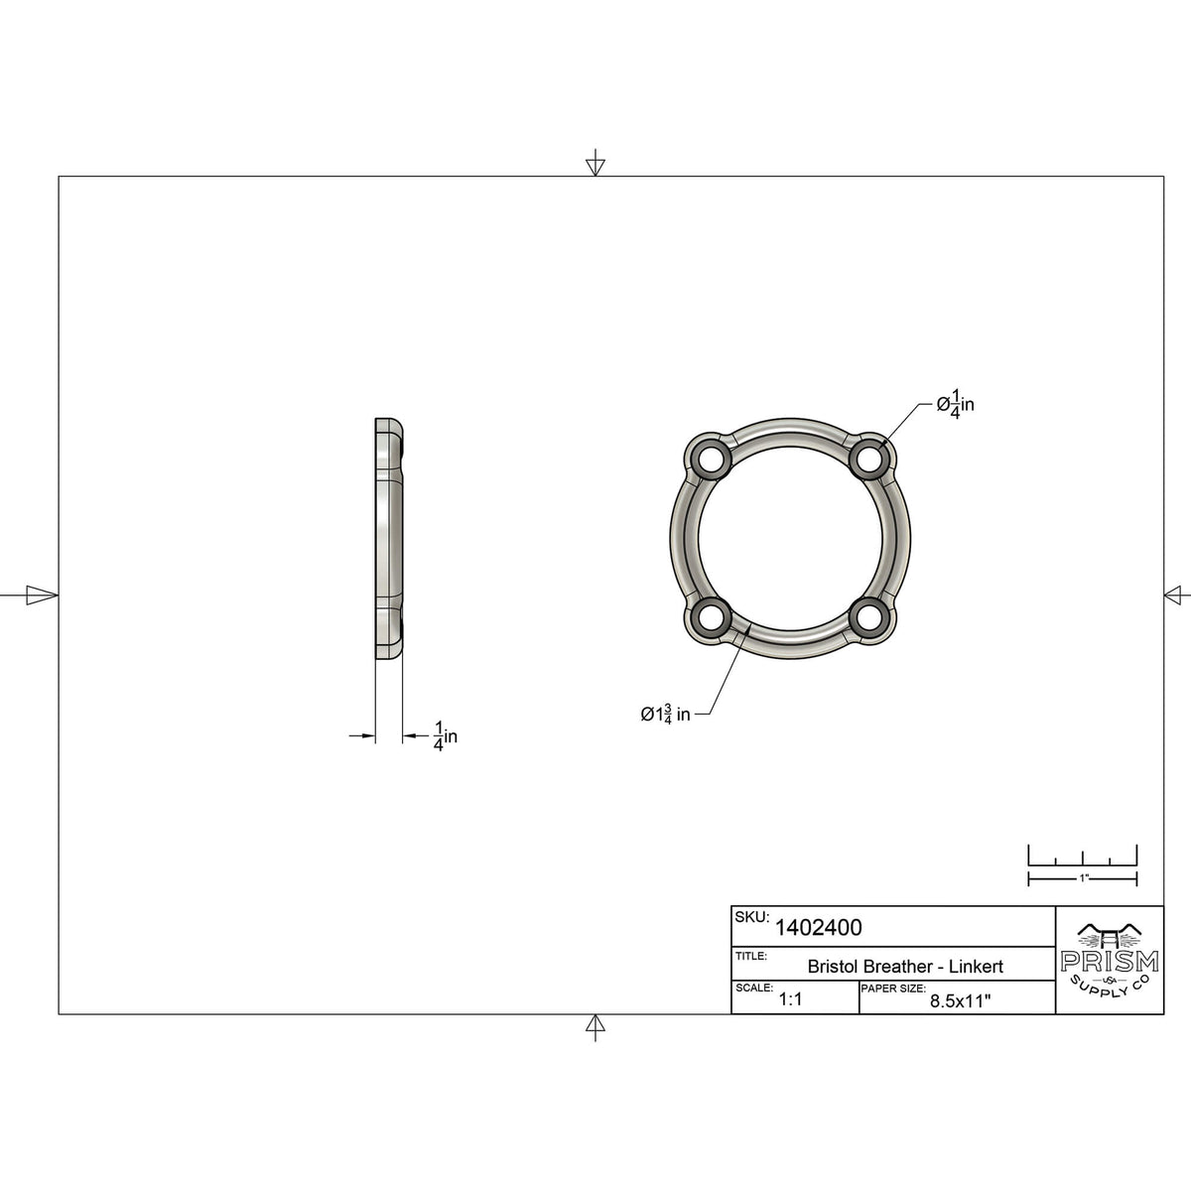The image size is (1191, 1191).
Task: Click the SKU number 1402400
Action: coord(818,928)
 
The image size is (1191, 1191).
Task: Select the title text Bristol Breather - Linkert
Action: coord(905,966)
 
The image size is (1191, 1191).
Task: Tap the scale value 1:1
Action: coord(791,1000)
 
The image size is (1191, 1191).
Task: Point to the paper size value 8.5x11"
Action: coord(962,1001)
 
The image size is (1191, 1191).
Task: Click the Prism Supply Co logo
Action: coord(1109,960)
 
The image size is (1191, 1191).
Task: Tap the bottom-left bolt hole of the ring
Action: coord(710,618)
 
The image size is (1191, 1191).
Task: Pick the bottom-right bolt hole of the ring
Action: coord(869,618)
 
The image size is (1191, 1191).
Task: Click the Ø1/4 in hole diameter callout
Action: coord(956,404)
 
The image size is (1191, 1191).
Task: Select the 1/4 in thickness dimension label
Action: coord(445,735)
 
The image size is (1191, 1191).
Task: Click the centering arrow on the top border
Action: coord(595,164)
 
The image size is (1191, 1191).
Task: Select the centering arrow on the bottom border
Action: coord(595,1027)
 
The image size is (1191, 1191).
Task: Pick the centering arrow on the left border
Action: coord(40,595)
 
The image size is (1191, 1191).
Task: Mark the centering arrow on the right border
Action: coord(1176,595)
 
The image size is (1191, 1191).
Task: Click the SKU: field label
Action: coord(751,918)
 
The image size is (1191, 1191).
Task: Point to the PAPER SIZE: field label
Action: coord(893,990)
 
